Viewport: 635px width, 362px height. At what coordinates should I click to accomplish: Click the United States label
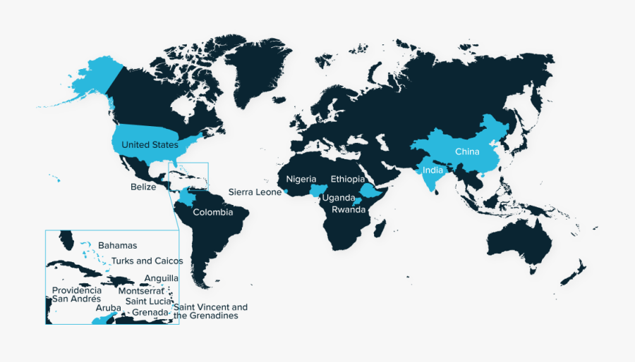[150, 145]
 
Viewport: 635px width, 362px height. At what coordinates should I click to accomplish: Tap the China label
[467, 152]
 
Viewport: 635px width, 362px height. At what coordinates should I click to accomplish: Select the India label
[433, 170]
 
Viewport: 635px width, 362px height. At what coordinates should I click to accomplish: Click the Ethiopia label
[348, 180]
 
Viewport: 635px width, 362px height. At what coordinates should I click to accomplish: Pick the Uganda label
[339, 198]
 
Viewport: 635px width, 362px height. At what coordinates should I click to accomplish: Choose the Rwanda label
[349, 209]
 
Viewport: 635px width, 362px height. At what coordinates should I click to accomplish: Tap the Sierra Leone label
[255, 192]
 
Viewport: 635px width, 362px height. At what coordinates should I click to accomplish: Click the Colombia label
[212, 213]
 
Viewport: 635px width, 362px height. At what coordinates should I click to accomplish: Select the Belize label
[143, 187]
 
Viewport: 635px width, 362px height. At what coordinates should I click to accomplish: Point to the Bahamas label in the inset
[117, 245]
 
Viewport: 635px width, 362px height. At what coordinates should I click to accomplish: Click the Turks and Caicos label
[147, 261]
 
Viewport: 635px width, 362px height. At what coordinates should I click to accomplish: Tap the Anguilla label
[162, 279]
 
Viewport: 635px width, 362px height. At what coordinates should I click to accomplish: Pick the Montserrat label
[141, 291]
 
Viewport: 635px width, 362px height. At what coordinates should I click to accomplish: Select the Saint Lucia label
[148, 301]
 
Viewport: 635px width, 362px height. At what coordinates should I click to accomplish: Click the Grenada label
[150, 312]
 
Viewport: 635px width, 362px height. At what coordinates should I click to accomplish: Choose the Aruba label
[109, 308]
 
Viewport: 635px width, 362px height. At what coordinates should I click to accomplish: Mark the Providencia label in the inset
[77, 290]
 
